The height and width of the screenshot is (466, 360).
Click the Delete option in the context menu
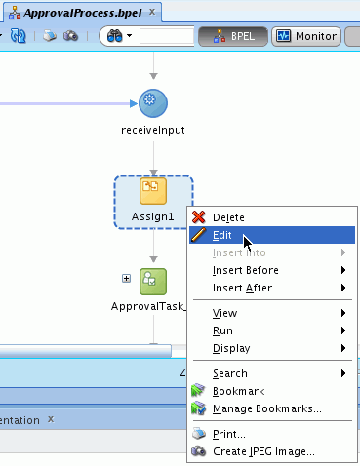coord(228,217)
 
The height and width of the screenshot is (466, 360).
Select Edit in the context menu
coord(221,235)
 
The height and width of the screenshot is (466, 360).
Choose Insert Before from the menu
coord(245,270)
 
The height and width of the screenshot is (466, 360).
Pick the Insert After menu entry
coord(242,288)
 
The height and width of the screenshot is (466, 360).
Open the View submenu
coord(224,313)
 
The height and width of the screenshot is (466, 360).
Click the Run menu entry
coord(222,330)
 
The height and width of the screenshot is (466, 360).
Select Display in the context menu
coord(230,348)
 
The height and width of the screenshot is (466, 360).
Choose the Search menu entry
coord(229,373)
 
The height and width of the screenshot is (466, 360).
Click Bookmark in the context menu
coord(238,391)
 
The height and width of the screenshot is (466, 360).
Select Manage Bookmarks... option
coord(266,408)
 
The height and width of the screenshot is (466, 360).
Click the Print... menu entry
coord(228,434)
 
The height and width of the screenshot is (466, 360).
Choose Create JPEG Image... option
coord(263,451)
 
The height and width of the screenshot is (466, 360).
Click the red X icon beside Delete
coord(198,217)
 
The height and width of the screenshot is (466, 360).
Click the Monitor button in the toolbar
coord(304,36)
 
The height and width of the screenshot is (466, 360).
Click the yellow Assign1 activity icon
coord(153,190)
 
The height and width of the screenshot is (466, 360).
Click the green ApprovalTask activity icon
coord(153,281)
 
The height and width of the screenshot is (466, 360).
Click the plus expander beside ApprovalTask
coord(126,279)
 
